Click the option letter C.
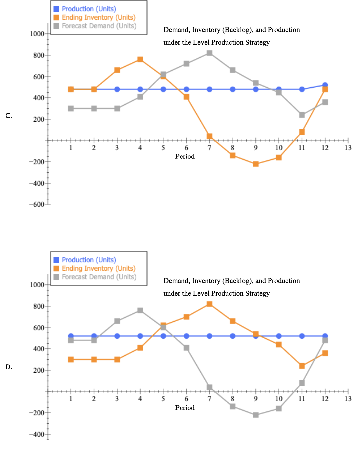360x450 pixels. click(9, 116)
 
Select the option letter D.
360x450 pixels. click(9, 367)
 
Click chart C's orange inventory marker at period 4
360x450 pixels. click(140, 59)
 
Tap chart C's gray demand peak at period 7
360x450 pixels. click(209, 53)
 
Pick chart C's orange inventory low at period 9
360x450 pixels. click(256, 164)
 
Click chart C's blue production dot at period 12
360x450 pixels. click(325, 85)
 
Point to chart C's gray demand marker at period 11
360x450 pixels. click(302, 115)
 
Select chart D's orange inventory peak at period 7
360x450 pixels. click(209, 304)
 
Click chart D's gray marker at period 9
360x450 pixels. click(256, 415)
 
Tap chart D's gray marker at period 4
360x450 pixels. click(140, 310)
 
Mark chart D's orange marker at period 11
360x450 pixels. click(302, 366)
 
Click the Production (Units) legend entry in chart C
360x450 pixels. click(89, 9)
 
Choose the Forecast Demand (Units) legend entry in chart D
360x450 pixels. click(99, 277)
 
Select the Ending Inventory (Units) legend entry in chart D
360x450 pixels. click(99, 268)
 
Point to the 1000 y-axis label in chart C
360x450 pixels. click(37, 34)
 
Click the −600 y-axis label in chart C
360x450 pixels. click(36, 204)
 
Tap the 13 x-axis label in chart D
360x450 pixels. click(348, 399)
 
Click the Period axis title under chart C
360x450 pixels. click(185, 156)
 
